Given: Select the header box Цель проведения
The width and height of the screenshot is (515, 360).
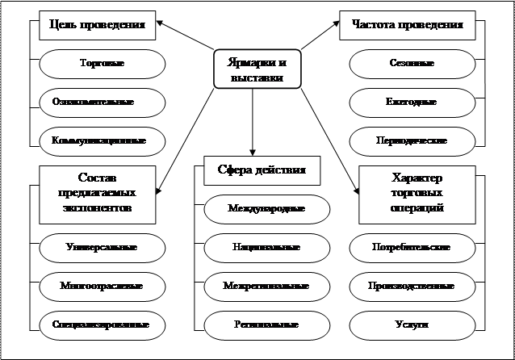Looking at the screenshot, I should click(97, 24).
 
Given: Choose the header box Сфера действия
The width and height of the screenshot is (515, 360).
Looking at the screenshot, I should click(256, 171).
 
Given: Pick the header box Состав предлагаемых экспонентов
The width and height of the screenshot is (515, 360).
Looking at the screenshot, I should click(98, 193).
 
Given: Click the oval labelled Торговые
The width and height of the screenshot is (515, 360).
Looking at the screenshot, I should click(103, 63).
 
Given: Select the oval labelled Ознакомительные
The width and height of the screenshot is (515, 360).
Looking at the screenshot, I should click(103, 102).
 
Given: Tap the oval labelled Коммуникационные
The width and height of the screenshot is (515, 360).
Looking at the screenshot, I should click(103, 140).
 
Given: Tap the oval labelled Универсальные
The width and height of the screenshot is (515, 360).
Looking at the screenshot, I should click(103, 247).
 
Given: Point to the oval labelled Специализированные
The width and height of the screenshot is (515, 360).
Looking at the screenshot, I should click(103, 324).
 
